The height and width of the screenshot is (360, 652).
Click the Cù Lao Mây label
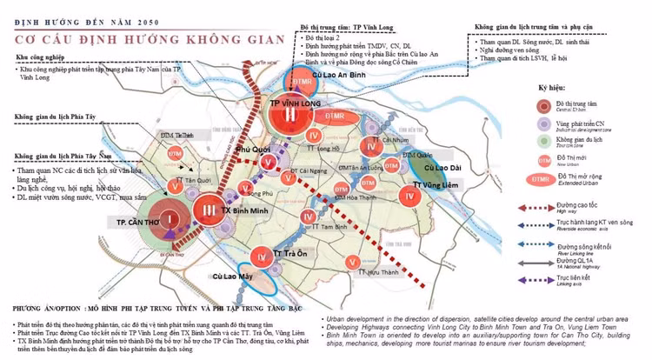tap(232, 277)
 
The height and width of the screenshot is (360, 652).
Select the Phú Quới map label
tap(258, 149)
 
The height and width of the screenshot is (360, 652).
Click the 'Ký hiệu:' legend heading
tap(554, 89)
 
